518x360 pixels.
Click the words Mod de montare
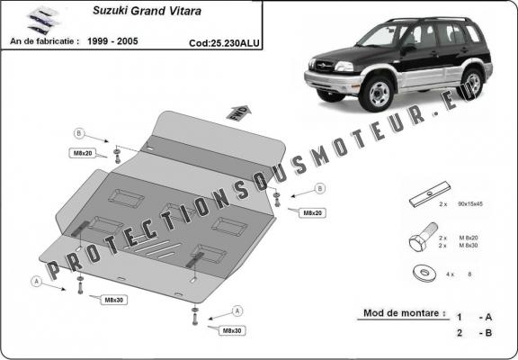403,314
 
